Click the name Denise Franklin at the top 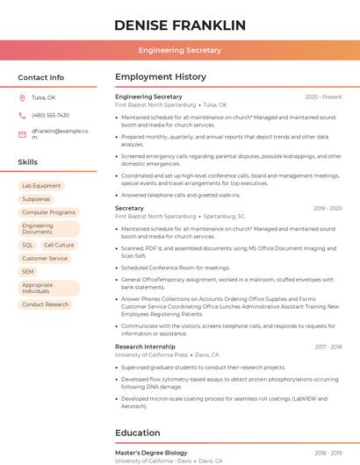179,25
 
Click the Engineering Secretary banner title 179,51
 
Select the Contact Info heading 40,77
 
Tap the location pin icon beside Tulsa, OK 22,98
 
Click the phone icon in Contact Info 22,116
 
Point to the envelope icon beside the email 22,134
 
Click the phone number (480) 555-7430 50,116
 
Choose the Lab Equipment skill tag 41,186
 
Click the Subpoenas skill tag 36,199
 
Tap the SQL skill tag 27,246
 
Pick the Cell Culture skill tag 59,246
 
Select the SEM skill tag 28,272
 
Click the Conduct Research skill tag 45,304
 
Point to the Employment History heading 161,77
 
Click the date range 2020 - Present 323,97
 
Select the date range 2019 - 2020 327,209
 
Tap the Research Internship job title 145,347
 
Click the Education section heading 139,433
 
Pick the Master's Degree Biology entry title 151,453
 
